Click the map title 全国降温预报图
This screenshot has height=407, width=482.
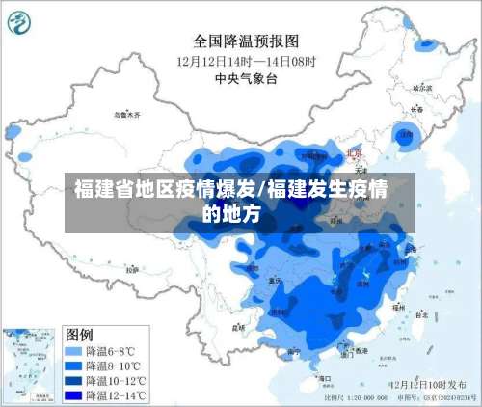246,41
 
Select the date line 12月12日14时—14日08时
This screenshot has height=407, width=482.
245,61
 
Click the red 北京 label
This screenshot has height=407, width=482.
355,153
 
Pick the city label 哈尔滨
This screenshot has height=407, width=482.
421,88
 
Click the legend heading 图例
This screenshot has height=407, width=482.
79,334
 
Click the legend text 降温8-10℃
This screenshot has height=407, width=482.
114,366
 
